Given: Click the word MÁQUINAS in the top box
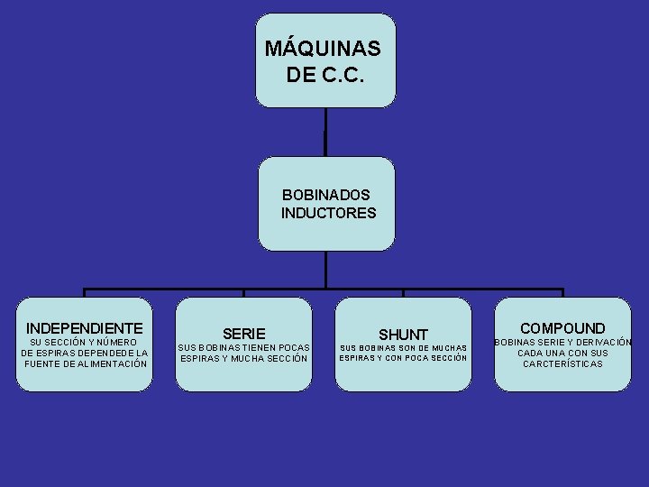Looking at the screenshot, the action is (x=324, y=48).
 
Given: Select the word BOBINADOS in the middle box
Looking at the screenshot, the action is (x=326, y=195).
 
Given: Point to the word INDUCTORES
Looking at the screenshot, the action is (x=328, y=214).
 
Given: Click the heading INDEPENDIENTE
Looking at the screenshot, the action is (x=85, y=327).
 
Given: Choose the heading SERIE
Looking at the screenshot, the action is (x=243, y=334).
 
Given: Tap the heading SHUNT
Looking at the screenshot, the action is (x=403, y=335).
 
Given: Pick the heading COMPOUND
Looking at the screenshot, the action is (x=562, y=328).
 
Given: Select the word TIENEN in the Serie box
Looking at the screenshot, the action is (x=265, y=347).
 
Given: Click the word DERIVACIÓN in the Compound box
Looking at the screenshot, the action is (x=601, y=342).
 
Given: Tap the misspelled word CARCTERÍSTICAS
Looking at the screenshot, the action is (x=562, y=363).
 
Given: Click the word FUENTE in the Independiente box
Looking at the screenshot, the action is (x=43, y=363).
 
